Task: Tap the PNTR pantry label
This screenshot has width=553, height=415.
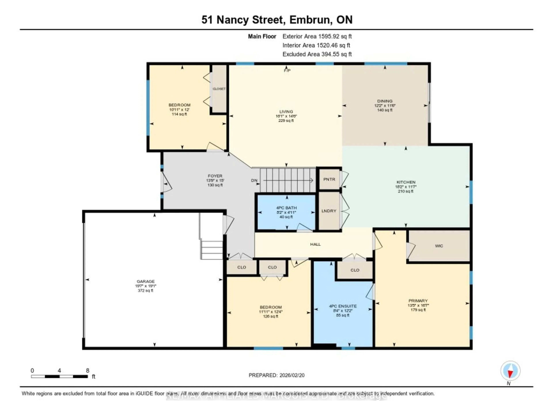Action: pos(329,179)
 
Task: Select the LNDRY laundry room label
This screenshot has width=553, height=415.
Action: pos(329,211)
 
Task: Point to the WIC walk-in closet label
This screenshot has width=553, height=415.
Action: pos(439,246)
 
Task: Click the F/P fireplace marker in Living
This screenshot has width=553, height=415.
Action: pos(287,71)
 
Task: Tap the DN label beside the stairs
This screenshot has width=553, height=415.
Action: pos(254,180)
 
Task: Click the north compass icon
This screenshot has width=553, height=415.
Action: pos(510,371)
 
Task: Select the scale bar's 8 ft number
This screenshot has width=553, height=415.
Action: pos(88,370)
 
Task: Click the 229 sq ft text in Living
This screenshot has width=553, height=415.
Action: pos(286,121)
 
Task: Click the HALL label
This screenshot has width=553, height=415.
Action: pos(315,244)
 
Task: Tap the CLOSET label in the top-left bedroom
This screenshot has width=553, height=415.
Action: pos(219,89)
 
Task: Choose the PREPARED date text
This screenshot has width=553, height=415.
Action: pos(276,375)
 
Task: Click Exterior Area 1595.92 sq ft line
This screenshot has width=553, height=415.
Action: pos(317,36)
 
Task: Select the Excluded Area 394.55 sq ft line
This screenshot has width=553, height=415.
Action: pos(317,54)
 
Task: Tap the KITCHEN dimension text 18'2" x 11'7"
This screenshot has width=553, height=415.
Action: pos(406,187)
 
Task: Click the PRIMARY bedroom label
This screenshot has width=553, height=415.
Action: pos(418,301)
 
